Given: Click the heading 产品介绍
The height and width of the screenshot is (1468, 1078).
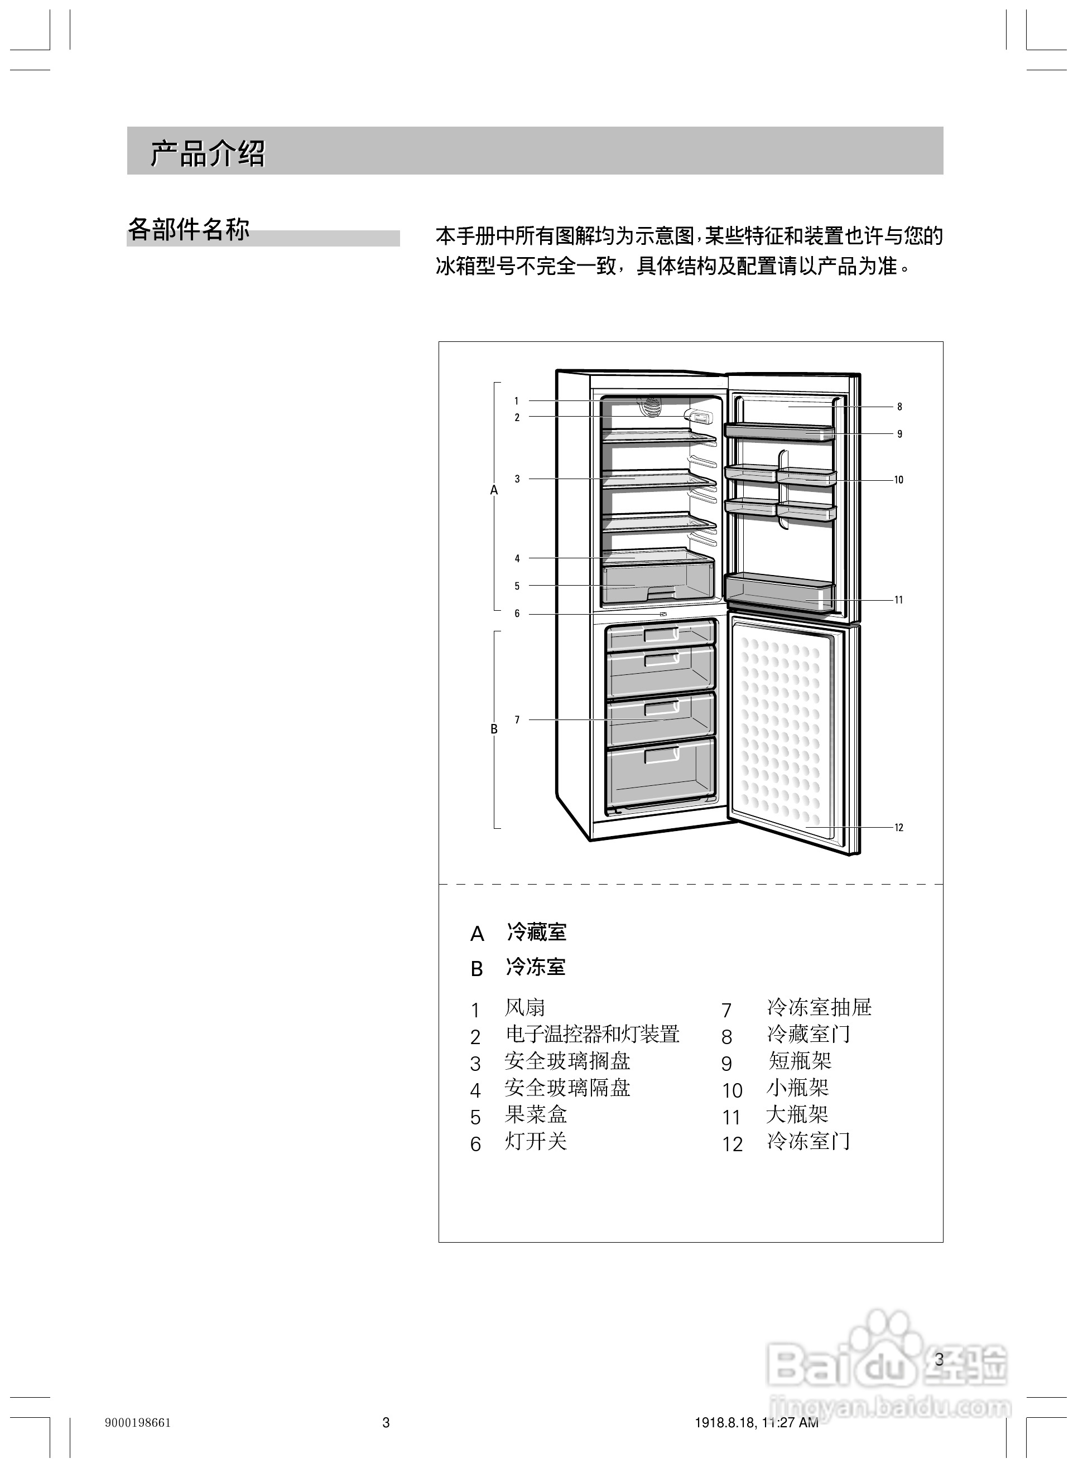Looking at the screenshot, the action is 208,154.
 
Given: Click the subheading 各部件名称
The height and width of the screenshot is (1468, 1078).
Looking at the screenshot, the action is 189,230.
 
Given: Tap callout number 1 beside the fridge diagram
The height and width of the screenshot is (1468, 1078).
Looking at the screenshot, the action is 516,401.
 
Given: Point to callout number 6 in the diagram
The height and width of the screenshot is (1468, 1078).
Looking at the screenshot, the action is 517,614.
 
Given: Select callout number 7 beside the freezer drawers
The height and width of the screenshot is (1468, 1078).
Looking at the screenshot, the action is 517,720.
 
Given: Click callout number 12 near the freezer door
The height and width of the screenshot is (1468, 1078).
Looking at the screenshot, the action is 898,828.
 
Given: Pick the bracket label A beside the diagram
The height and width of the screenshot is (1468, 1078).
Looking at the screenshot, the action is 494,490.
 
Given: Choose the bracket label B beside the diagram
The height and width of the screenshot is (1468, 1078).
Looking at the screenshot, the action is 494,729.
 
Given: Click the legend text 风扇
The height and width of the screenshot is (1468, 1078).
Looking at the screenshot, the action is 524,1008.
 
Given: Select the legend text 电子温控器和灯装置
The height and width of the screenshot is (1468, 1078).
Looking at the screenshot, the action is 593,1034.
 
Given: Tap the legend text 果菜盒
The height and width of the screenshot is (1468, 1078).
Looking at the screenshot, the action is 535,1114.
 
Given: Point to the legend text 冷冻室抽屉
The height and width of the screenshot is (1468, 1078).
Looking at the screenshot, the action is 819,1008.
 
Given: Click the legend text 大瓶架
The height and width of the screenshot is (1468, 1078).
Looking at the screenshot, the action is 797,1114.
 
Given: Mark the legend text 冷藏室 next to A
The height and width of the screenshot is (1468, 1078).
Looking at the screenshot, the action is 536,933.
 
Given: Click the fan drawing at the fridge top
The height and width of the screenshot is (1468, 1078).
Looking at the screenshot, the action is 649,405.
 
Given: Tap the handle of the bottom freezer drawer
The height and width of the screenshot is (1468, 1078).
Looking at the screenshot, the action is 662,755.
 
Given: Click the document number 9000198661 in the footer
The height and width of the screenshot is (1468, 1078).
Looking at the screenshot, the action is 138,1422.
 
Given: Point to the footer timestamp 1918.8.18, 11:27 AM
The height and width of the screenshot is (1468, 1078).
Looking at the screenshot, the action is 756,1422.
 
